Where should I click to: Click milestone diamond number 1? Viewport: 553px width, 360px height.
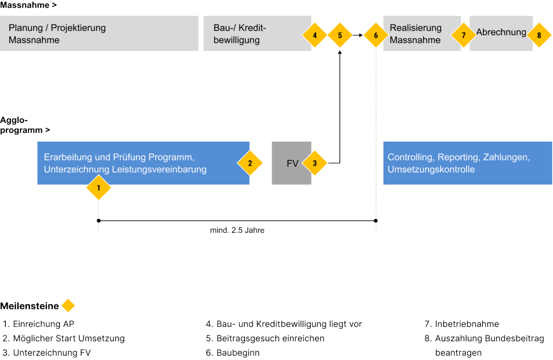(98, 188)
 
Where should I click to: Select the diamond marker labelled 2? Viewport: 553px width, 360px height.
(250, 163)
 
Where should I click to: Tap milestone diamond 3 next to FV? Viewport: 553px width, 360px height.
(315, 163)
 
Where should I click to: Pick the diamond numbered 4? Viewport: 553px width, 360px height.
(314, 35)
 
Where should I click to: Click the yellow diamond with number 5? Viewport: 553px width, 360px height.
(340, 35)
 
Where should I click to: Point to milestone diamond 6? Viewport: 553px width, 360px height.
(376, 35)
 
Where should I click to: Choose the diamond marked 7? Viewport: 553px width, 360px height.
(463, 35)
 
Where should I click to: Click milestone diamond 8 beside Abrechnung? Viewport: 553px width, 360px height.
(539, 35)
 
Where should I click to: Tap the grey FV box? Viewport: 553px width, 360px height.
(291, 163)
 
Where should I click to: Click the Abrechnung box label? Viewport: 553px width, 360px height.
(501, 33)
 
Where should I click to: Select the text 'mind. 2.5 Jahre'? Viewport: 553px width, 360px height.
(237, 230)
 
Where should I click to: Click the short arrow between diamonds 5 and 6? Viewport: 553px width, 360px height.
(358, 35)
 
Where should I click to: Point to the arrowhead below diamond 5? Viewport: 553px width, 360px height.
(340, 51)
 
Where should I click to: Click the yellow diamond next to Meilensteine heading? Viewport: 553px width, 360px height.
(68, 306)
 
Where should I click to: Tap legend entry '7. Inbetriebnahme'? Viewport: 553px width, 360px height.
(461, 324)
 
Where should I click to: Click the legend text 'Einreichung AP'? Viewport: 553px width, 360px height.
(43, 324)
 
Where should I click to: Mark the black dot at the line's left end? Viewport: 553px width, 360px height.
(98, 221)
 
